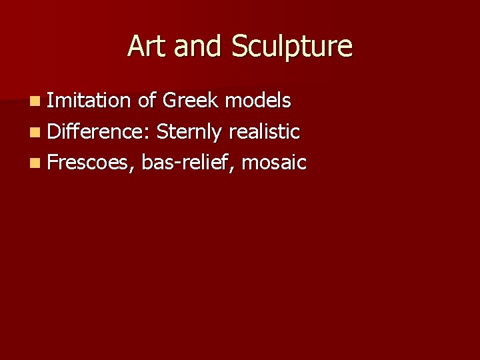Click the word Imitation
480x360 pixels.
[x=89, y=101]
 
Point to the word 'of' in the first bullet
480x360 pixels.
[x=147, y=101]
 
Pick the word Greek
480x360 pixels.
[x=190, y=101]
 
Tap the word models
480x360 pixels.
[x=258, y=101]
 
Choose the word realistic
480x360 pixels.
[x=264, y=131]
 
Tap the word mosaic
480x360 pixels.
[x=274, y=162]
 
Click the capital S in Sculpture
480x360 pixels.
[x=239, y=47]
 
